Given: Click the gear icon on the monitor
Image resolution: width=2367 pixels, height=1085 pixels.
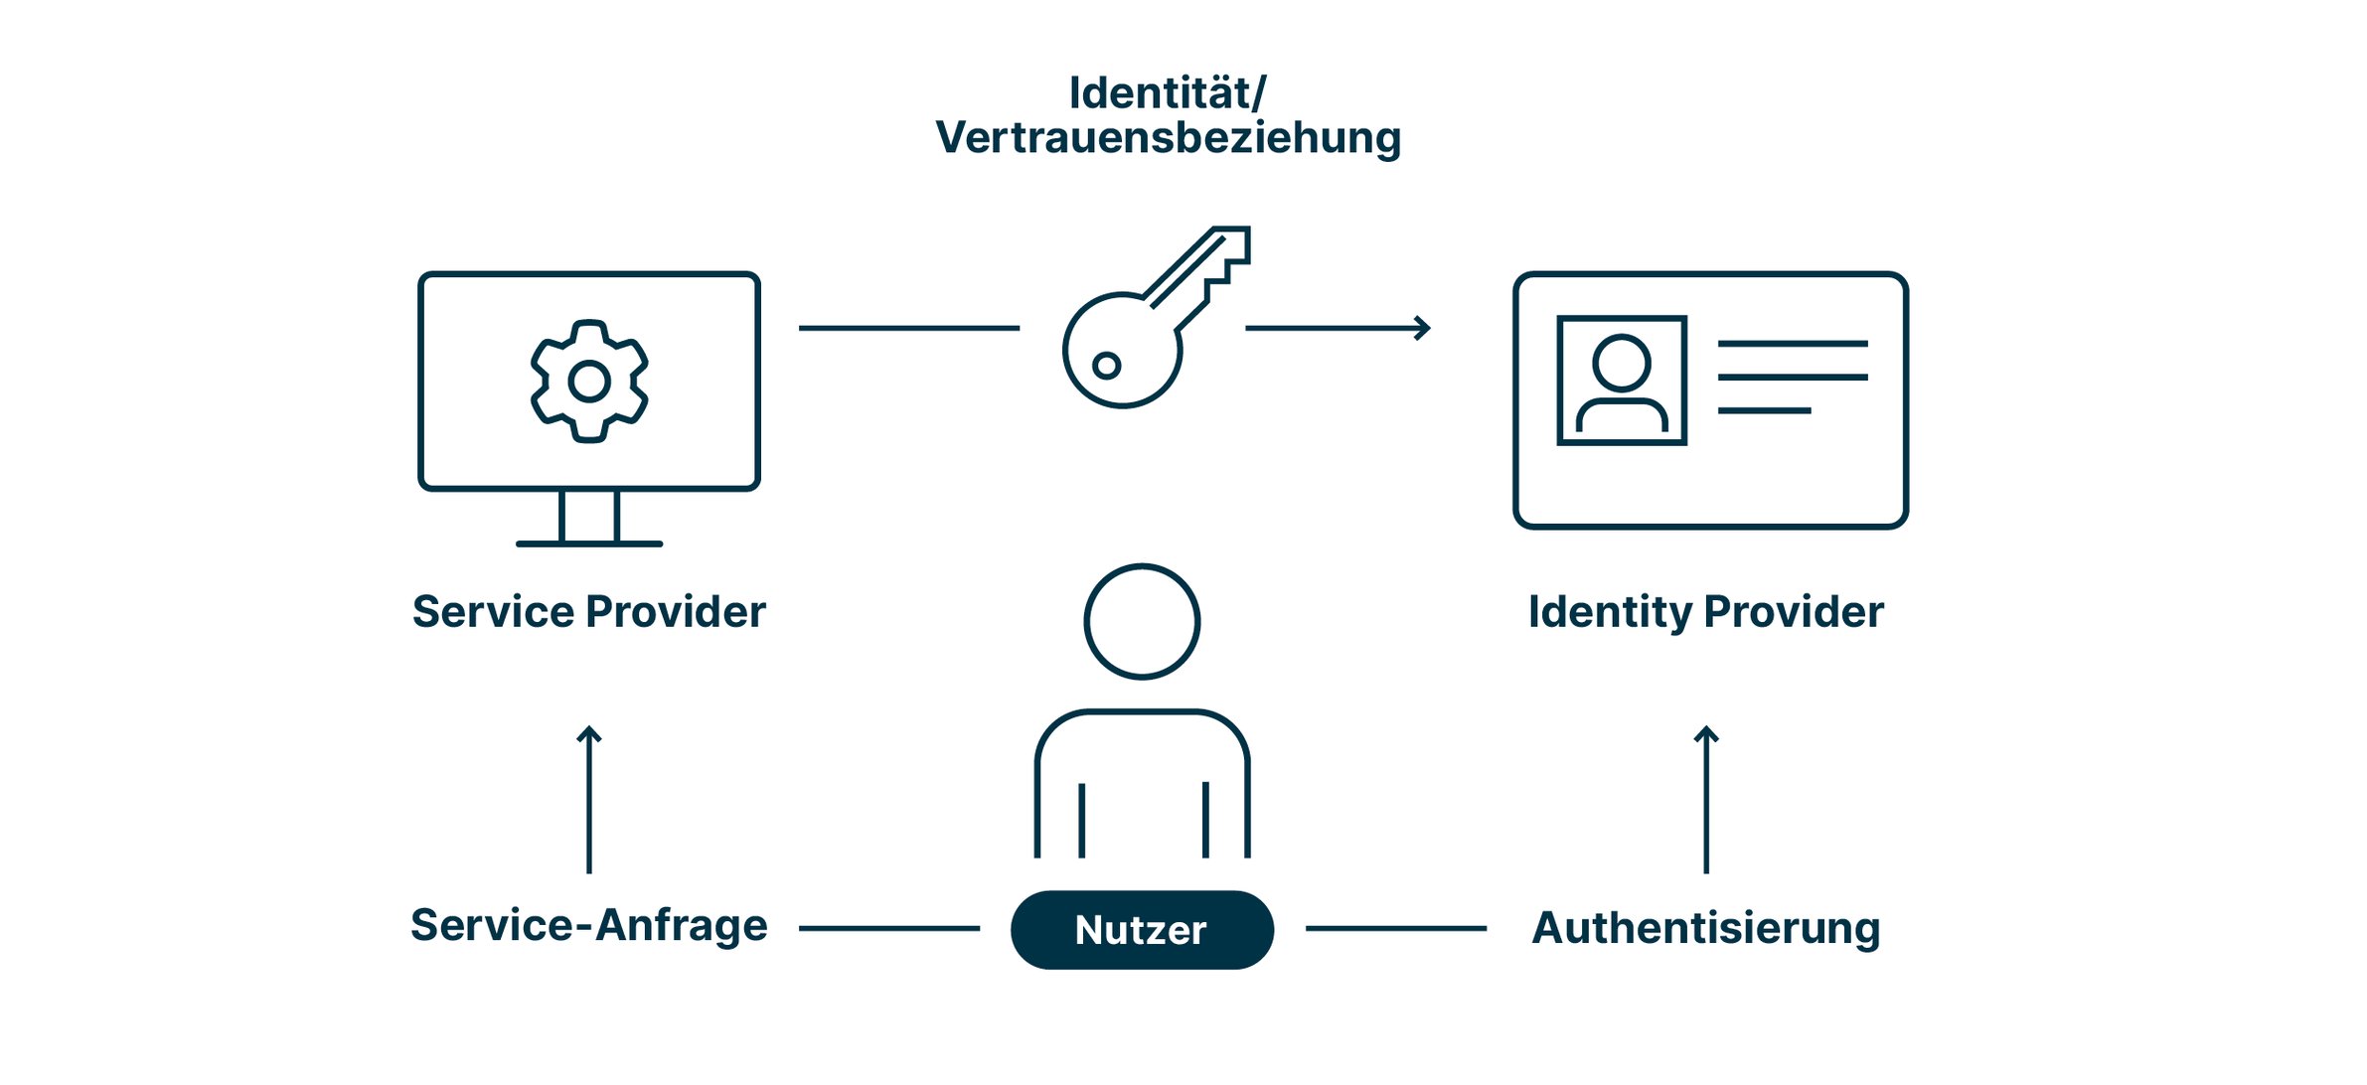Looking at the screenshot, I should click(589, 381).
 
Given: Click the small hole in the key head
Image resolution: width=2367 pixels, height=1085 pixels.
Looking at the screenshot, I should click(1106, 366).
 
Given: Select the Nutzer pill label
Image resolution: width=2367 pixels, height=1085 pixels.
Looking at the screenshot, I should click(1142, 930).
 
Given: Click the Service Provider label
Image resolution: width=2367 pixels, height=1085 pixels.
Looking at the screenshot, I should click(588, 612).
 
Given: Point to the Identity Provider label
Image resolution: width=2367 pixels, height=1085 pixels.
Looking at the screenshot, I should click(1705, 612).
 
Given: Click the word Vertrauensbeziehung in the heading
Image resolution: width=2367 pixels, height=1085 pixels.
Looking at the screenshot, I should click(1168, 137).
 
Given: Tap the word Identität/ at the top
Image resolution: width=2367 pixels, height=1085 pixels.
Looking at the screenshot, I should click(1168, 93).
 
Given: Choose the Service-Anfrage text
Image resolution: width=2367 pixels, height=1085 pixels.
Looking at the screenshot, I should click(588, 926).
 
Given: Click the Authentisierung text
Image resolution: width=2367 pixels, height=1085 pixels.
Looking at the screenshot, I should click(1705, 928).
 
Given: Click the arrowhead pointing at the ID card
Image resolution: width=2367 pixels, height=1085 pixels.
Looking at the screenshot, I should click(1423, 328).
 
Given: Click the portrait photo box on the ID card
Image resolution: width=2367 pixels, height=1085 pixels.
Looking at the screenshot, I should click(1622, 381).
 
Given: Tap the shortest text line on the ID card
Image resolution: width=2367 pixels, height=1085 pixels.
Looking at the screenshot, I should click(1764, 410).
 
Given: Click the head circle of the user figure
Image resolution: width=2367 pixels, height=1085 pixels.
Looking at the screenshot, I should click(1142, 622).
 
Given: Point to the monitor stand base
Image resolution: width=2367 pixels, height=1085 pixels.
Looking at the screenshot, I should click(589, 543).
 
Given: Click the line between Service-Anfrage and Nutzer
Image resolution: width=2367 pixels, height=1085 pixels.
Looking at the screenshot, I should click(889, 929).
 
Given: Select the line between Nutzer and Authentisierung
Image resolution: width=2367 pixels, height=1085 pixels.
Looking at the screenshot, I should click(1395, 929).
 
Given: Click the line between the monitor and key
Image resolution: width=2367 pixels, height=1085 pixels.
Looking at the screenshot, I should click(909, 328).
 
